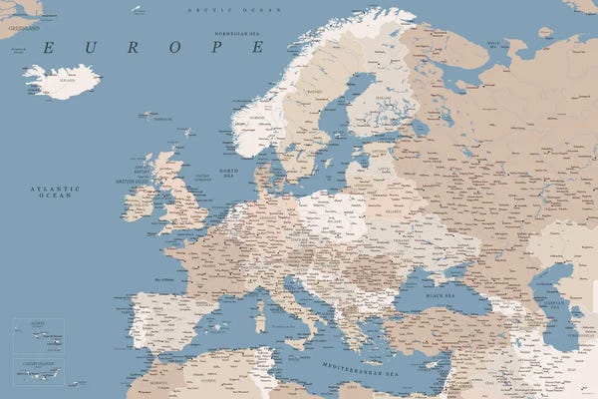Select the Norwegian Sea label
[231, 32]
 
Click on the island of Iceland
[61, 81]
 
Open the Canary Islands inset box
[38, 371]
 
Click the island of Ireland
[139, 204]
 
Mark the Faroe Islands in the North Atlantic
[148, 117]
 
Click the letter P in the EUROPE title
[211, 48]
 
